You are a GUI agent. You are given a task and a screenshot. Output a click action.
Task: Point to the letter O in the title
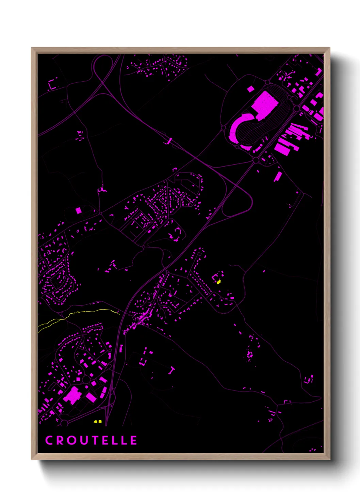70,440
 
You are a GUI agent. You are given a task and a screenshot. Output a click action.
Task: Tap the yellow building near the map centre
219,282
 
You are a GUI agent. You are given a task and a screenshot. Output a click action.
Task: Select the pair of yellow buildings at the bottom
98,422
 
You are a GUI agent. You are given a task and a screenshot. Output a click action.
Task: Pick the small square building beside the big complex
251,89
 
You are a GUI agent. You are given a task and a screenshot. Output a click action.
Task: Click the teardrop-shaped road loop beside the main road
238,201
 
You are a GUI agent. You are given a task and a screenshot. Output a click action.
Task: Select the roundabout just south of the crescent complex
256,160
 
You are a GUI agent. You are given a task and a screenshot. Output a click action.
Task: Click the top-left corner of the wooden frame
32,48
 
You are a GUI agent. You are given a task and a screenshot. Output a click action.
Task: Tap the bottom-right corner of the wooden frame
329,459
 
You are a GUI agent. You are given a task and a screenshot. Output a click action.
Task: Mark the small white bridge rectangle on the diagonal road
169,141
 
